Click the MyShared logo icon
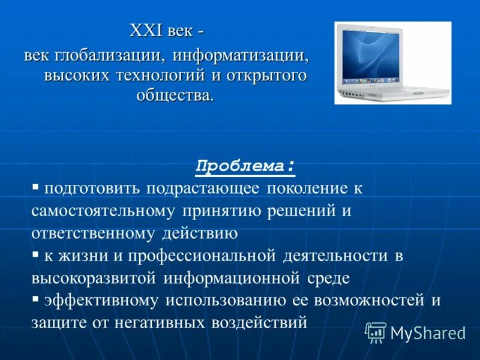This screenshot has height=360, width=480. [x=376, y=331]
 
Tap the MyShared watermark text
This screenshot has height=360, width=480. [x=428, y=332]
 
